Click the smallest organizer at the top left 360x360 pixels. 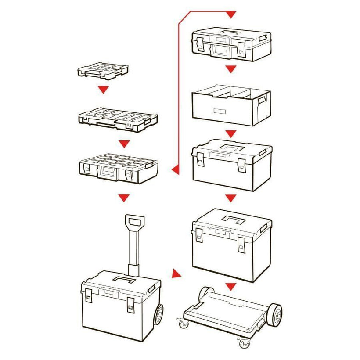coord(103,71)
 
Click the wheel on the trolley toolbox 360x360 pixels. coord(158,314)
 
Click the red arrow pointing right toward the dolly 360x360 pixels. coord(176,274)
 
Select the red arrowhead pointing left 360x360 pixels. coord(174,169)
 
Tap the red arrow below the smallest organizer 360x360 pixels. coord(104,90)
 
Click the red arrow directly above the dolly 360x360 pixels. coord(231,287)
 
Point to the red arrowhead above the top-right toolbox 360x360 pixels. coord(231,15)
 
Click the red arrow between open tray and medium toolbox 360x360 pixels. coord(231,133)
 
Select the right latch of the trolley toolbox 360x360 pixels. coord(131,304)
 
